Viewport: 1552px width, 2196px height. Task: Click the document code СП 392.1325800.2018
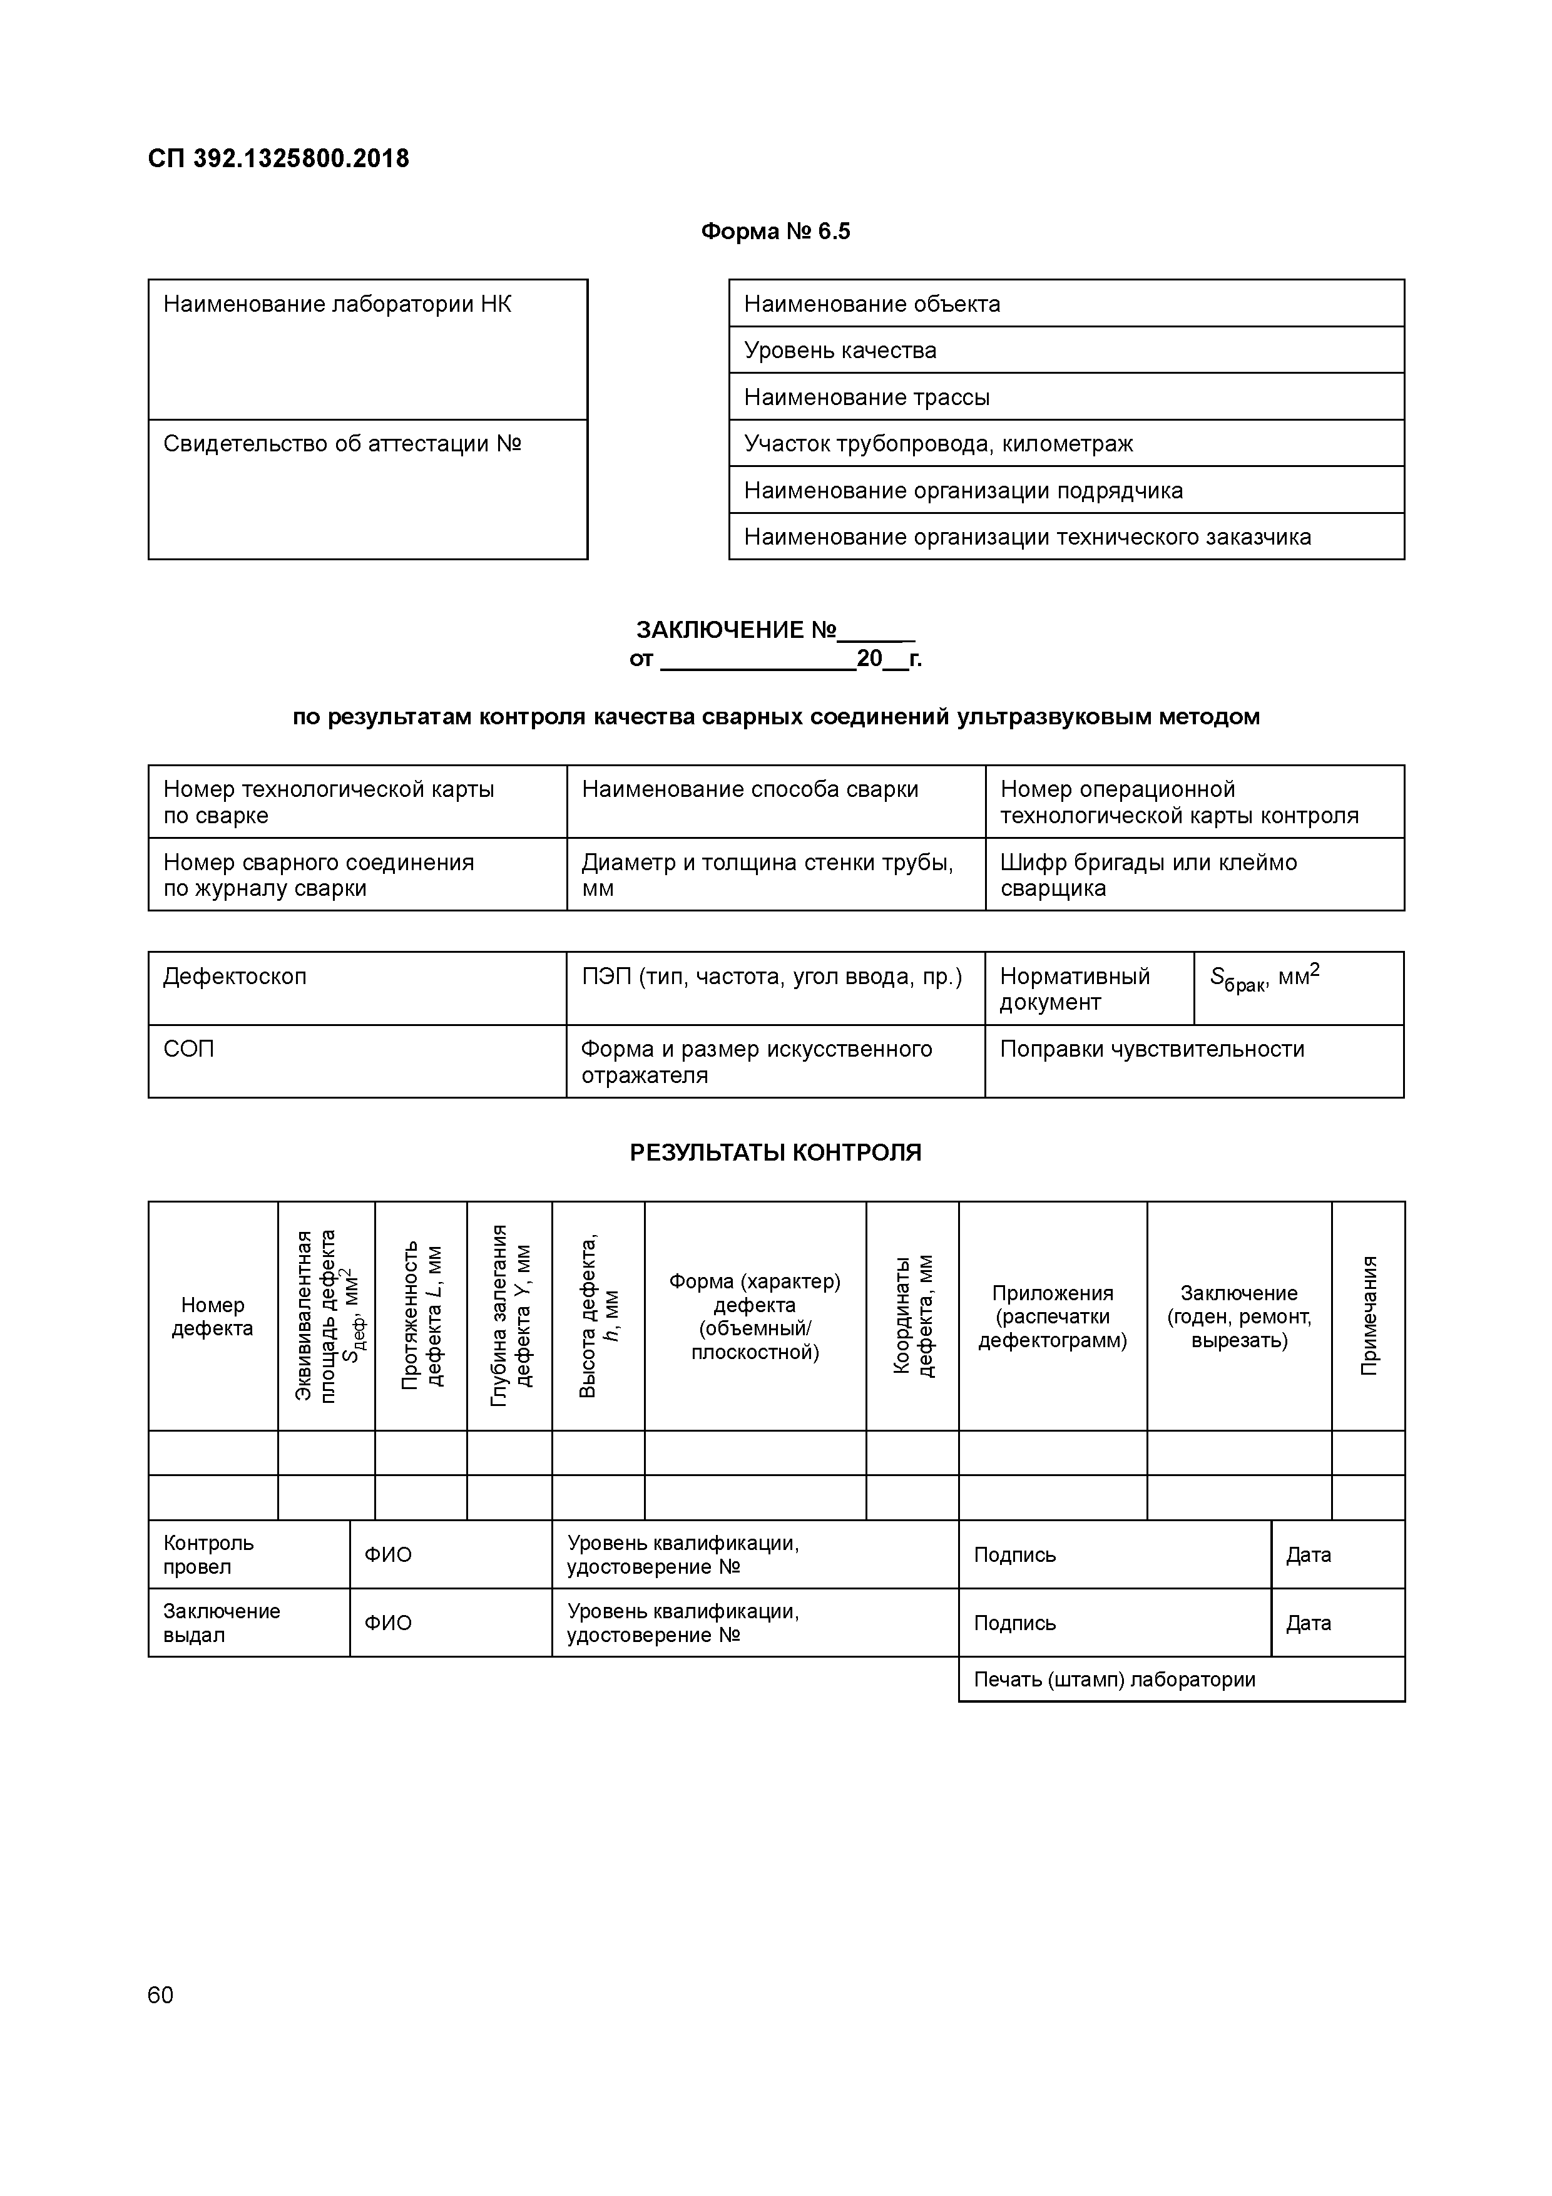pyautogui.click(x=278, y=159)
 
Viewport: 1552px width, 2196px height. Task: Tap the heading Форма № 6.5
pyautogui.click(x=775, y=232)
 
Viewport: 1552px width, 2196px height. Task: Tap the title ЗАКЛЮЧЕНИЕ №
pyautogui.click(x=775, y=630)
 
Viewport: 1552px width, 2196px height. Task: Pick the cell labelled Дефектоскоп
pyautogui.click(x=357, y=988)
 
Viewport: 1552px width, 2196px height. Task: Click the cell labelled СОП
pyautogui.click(x=357, y=1060)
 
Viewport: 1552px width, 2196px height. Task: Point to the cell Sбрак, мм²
pyautogui.click(x=1298, y=988)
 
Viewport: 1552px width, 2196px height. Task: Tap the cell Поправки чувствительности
pyautogui.click(x=1193, y=1060)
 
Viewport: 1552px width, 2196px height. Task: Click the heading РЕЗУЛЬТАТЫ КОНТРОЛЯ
pyautogui.click(x=775, y=1152)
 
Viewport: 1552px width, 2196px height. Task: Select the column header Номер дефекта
pyautogui.click(x=212, y=1316)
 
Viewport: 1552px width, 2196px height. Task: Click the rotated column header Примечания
pyautogui.click(x=1369, y=1316)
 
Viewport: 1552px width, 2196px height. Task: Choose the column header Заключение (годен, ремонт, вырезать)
pyautogui.click(x=1238, y=1316)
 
